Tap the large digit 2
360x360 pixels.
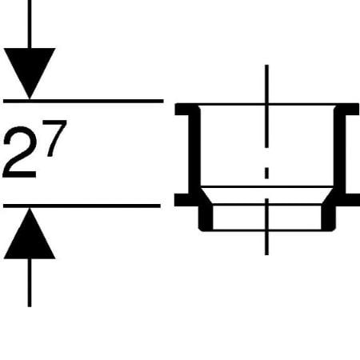pos(20,152)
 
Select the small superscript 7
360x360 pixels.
pos(54,138)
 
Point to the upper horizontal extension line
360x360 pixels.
pos(83,101)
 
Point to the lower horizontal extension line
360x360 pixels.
pos(82,206)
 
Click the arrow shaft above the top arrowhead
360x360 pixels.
pos(30,24)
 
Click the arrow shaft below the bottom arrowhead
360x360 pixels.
pos(30,282)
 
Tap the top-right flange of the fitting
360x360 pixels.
pos(347,110)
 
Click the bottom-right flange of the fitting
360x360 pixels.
pos(347,200)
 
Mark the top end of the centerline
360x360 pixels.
pos(266,65)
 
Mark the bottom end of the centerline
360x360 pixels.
pos(266,255)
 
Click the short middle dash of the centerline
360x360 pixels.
pos(266,173)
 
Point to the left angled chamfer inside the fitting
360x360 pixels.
pos(206,196)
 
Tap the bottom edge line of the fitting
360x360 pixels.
pos(267,230)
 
